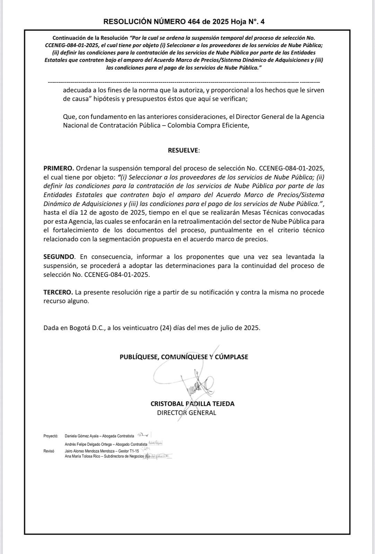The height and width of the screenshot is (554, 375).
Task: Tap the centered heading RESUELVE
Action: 184,150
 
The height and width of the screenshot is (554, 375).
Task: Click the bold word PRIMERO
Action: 59,168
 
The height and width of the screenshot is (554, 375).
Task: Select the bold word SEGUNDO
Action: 59,257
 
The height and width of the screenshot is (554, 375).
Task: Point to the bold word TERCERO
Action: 58,292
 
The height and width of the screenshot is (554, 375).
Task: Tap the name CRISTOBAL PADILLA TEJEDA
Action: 192,403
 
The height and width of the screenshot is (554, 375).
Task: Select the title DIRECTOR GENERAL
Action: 186,412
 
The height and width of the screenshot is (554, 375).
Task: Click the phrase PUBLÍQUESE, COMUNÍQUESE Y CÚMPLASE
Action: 184,357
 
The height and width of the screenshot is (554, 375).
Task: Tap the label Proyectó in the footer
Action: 51,436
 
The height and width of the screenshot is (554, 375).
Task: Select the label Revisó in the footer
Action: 49,451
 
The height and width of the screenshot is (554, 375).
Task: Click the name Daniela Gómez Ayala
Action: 80,436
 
